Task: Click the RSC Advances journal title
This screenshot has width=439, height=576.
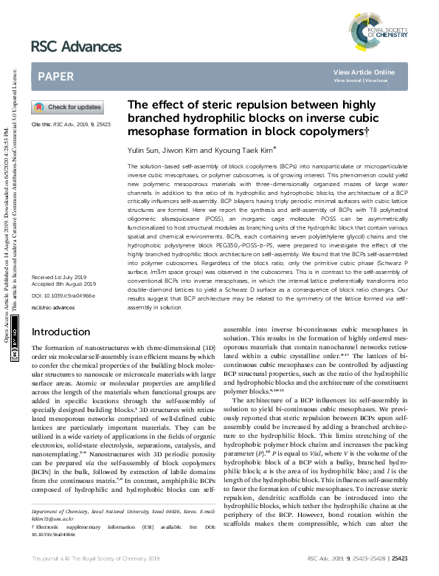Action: click(x=76, y=47)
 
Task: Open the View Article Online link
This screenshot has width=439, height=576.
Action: click(x=364, y=72)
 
